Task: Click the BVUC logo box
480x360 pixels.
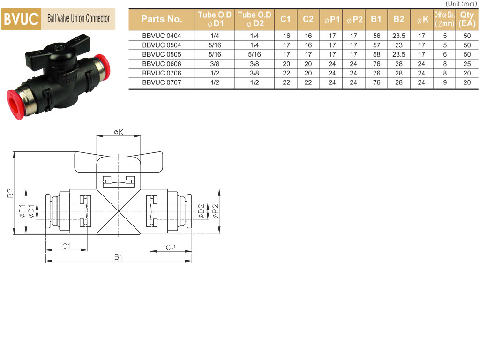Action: coord(21,19)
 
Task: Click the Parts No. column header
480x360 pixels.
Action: coord(162,19)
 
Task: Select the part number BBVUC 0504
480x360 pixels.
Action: coord(162,45)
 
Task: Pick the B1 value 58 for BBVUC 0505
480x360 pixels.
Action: coord(376,54)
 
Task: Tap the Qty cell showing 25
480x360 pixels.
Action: coord(467,64)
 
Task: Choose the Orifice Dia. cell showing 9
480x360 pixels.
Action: coord(445,82)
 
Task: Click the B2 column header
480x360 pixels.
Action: coord(398,19)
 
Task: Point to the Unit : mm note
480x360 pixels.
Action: coord(461,4)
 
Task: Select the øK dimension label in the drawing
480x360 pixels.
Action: coord(119,132)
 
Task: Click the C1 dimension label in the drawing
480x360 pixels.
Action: coord(67,246)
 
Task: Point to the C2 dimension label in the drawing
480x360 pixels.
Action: coord(171,247)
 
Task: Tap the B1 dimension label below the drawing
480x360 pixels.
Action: coord(119,257)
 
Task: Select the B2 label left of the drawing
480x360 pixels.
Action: coord(11,193)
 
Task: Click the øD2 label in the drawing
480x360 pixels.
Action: coord(201,211)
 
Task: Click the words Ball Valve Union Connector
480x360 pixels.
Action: coord(78,18)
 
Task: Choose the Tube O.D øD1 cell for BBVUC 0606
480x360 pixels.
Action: coord(215,64)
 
